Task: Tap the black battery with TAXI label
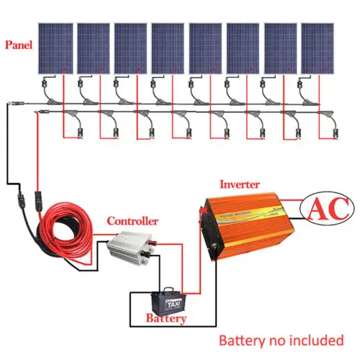coord(170,297)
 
